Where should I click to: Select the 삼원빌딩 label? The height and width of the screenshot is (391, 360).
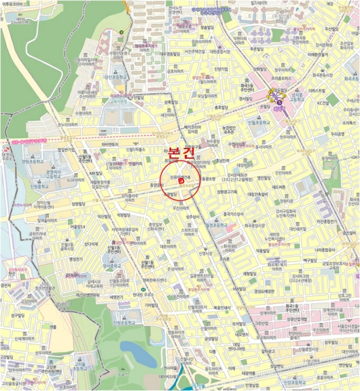(79, 204)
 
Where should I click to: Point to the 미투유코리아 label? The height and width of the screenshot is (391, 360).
(13, 4)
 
